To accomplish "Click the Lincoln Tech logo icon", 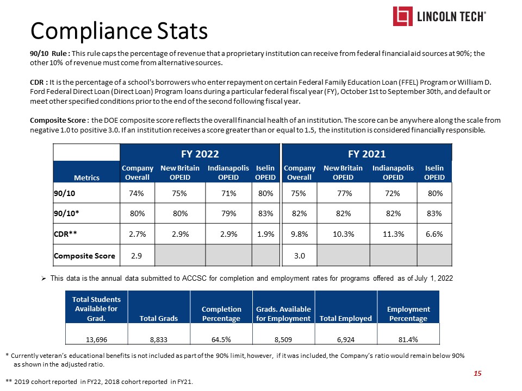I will pos(403,16).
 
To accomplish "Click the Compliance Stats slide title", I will pos(119,31).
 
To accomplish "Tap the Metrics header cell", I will pos(86,178).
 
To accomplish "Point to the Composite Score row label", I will pos(84,254).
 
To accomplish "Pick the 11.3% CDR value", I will pos(393,234).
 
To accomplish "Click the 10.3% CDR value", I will pos(343,234).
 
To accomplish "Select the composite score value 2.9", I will pos(133,254).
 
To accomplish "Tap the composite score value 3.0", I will pos(299,254).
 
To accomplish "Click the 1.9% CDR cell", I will pos(265,234).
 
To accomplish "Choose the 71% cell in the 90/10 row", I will pos(228,193).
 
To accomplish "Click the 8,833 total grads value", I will pos(159,339).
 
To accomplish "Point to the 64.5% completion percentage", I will pos(221,339).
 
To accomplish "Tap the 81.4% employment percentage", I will pos(408,339).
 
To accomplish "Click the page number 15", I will pos(478,373).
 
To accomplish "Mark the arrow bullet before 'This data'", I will pos(45,278).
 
